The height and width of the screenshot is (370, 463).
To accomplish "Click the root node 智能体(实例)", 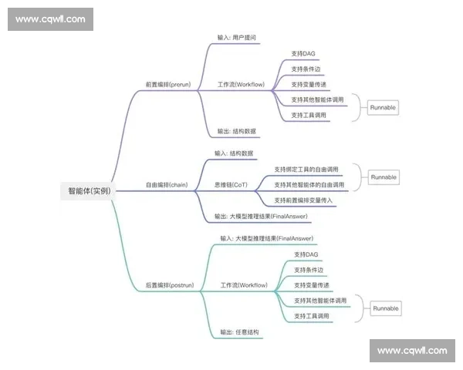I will (89, 190).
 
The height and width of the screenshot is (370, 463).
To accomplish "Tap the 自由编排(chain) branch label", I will (167, 185).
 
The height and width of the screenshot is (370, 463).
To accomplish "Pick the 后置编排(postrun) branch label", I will (170, 285).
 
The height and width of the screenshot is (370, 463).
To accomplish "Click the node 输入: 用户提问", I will (237, 36).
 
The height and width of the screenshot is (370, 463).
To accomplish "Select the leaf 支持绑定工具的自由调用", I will (306, 169).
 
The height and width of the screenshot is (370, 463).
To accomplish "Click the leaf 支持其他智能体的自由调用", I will (309, 185).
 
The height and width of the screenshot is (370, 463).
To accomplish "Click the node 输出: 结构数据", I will (237, 131).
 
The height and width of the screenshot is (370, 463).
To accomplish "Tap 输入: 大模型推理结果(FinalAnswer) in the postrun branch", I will (266, 239).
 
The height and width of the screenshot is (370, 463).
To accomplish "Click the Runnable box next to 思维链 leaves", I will (384, 177).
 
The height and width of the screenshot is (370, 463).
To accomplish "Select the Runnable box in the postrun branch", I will (386, 308).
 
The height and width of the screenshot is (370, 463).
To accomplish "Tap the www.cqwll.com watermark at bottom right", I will (412, 351).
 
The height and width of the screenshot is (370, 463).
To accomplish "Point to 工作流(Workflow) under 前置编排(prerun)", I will (242, 84).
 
